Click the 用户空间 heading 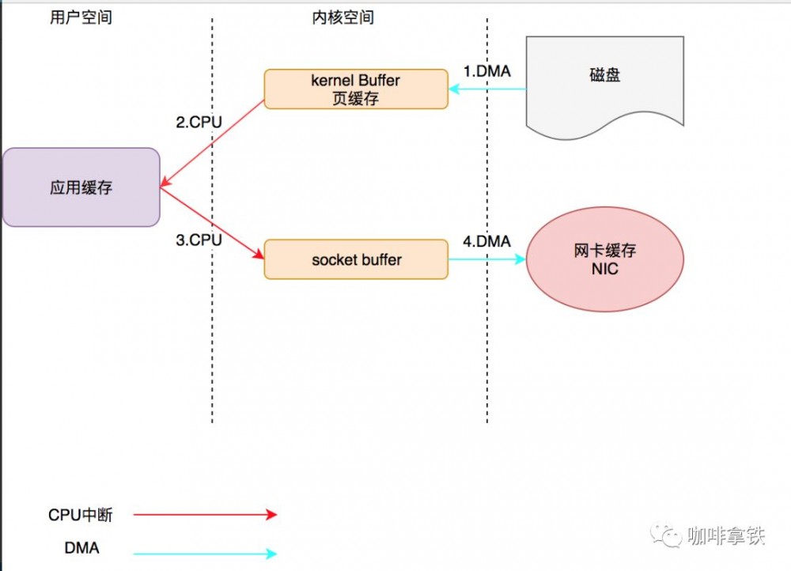point(81,17)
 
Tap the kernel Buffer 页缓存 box point(356,89)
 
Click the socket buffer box point(356,259)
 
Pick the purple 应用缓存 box point(81,187)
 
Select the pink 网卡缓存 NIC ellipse point(604,259)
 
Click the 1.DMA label point(486,71)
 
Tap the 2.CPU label point(199,123)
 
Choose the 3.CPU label point(199,240)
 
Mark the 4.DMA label point(486,241)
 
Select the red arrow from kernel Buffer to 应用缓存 point(212,145)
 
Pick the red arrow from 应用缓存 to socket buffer point(212,224)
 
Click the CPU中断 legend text point(81,516)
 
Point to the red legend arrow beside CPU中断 point(206,515)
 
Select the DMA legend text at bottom point(82,547)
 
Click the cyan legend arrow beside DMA point(206,554)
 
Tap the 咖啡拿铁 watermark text point(726,535)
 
